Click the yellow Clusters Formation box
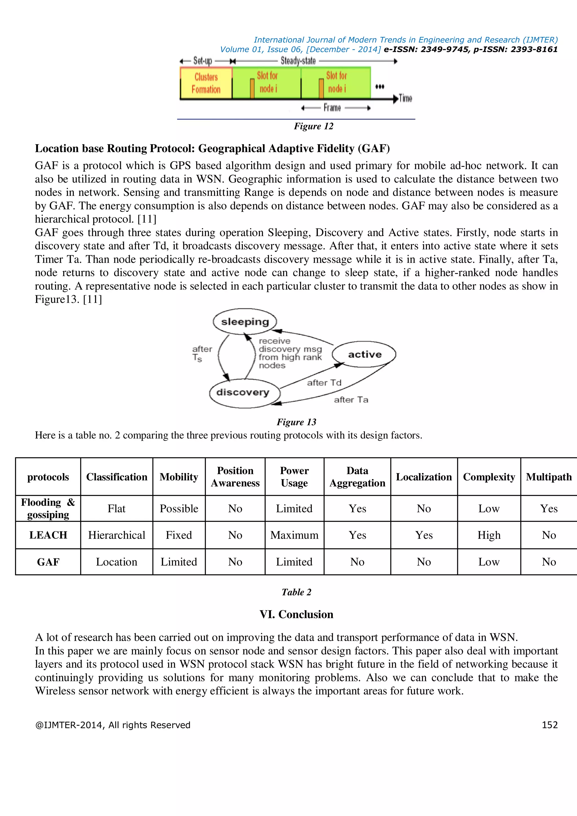point(206,83)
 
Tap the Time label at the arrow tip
point(405,98)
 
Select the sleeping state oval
point(245,321)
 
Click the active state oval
point(364,354)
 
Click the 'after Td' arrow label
point(324,383)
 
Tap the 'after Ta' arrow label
point(351,400)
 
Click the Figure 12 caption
point(313,126)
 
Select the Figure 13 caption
point(296,422)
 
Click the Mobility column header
point(179,477)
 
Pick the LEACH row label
point(48,535)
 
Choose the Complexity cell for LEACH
point(489,535)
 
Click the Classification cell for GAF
point(117,562)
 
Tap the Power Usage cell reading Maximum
point(294,535)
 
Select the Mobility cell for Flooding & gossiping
point(179,509)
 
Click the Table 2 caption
point(296,592)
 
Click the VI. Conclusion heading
point(296,615)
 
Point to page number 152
point(549,725)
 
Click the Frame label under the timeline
point(332,108)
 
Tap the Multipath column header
point(549,477)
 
